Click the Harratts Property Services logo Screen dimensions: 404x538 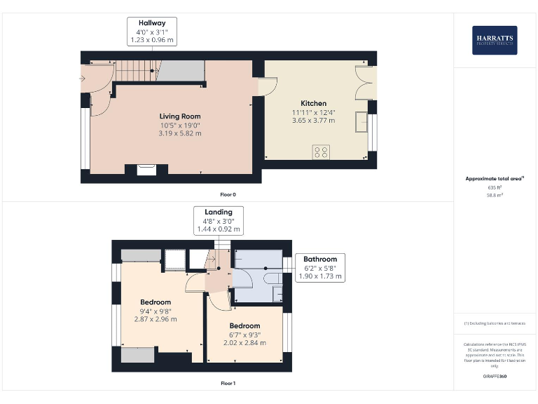pos(495,40)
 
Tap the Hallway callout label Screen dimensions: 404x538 pos(152,23)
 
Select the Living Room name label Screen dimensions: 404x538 pos(180,116)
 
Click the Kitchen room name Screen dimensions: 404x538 pos(313,103)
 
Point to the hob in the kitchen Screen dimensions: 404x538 pos(322,152)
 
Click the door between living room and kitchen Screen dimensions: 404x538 pos(266,86)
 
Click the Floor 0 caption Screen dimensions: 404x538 pos(228,194)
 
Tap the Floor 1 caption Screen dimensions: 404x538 pos(228,384)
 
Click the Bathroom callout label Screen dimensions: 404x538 pos(319,259)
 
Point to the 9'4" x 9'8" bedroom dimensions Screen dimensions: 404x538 pos(156,311)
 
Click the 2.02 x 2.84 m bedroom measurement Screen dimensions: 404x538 pos(244,343)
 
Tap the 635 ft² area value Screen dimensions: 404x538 pos(495,187)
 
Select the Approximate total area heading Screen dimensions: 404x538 pos(495,179)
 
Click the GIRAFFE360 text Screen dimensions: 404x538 pos(495,377)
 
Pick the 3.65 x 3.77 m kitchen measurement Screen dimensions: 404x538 pos(313,121)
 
